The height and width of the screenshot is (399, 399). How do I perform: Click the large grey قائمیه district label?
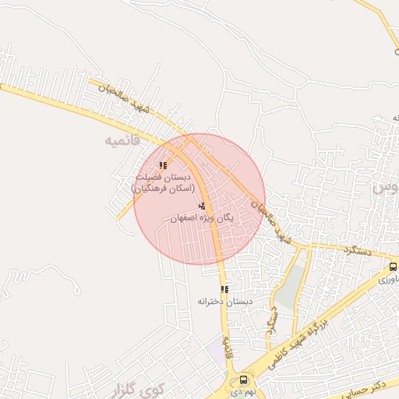click(x=122, y=141)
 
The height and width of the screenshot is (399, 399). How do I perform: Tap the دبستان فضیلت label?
click(x=163, y=178)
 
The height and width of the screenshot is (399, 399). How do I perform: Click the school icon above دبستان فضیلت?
click(x=163, y=165)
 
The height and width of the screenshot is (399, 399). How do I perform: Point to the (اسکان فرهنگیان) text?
click(x=162, y=189)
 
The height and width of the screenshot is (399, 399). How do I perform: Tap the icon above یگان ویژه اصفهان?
click(x=202, y=206)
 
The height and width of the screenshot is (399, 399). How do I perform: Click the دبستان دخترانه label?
click(x=224, y=301)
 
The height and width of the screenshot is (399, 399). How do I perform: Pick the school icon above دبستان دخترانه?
click(x=224, y=289)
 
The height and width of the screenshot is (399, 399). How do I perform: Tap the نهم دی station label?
click(x=243, y=393)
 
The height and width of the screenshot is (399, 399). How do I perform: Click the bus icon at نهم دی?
click(x=244, y=380)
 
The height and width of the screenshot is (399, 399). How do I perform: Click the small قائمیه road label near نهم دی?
click(x=227, y=342)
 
